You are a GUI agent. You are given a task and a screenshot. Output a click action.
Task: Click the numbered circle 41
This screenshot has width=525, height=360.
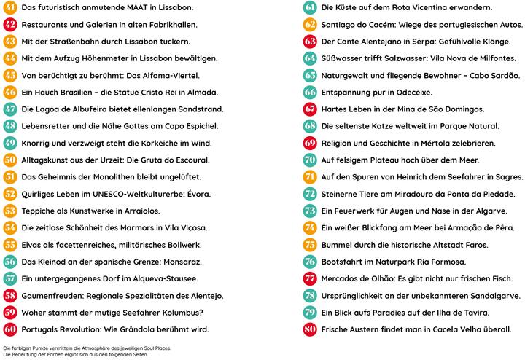(10, 7)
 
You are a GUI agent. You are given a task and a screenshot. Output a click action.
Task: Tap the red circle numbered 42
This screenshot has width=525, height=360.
(10, 24)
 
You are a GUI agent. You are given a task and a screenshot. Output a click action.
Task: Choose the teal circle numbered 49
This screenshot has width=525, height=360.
(10, 142)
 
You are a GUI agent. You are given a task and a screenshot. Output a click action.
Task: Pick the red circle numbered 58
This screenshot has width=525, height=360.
(10, 294)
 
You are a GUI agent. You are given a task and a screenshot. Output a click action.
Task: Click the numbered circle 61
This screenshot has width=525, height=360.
(309, 7)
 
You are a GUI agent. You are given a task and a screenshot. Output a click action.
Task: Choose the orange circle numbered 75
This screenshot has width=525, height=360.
(309, 243)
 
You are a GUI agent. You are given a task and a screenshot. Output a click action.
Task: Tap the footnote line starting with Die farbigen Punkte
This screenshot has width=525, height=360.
(96, 348)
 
